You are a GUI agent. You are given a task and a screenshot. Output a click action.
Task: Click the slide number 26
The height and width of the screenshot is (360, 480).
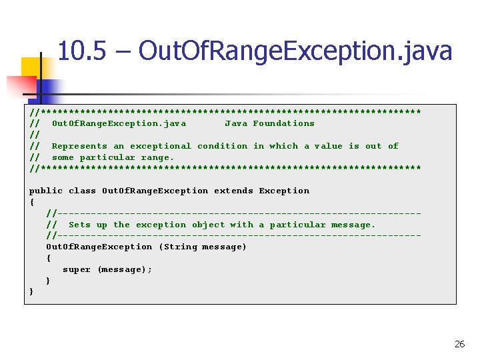[459, 344]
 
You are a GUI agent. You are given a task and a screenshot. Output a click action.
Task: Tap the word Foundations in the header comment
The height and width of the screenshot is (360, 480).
[283, 123]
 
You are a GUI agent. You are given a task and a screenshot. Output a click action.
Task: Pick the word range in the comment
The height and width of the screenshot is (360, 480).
[157, 157]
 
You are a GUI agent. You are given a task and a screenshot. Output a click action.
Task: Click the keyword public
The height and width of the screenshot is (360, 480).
[46, 191]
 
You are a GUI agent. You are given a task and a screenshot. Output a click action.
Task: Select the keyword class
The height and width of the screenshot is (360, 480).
[82, 191]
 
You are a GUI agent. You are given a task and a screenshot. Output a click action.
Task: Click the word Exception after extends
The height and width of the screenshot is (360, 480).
[284, 191]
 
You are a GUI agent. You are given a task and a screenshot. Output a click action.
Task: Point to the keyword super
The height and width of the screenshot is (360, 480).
[77, 269]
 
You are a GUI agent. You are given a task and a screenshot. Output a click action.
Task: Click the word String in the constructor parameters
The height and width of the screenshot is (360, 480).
[180, 247]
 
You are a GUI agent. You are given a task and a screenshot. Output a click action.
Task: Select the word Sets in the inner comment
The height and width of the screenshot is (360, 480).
[79, 225]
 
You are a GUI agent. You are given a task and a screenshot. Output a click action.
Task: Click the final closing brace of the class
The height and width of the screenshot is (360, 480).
[31, 292]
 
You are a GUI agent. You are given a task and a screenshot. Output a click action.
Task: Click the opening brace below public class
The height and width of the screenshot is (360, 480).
[31, 202]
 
